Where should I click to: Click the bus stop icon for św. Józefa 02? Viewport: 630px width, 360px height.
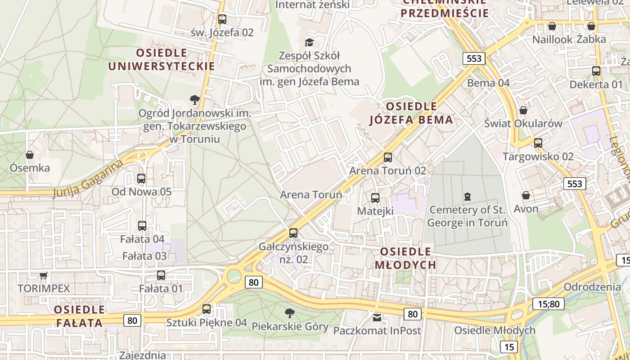pos(222,19)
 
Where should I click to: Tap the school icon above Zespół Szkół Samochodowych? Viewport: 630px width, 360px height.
pos(309,43)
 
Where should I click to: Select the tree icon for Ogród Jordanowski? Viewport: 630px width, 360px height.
pos(194,99)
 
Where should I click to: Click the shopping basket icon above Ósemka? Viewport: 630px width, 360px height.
pos(30,155)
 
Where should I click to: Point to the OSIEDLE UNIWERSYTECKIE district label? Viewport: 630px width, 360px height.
pos(162,59)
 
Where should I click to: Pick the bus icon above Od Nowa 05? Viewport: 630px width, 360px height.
pos(141,179)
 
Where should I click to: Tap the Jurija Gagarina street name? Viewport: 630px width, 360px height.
pos(88,179)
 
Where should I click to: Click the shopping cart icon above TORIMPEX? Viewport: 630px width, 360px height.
pos(43,275)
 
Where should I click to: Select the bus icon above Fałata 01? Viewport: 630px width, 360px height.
pos(161,275)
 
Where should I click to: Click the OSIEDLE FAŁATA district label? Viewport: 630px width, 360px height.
pos(79,316)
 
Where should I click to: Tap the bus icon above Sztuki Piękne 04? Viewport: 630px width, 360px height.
pos(207,309)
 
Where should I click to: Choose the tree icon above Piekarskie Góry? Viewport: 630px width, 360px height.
pos(290,313)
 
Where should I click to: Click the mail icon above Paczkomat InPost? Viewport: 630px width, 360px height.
pos(377,318)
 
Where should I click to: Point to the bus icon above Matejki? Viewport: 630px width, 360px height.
pos(375,198)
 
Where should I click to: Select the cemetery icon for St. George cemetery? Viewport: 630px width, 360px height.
pos(468,197)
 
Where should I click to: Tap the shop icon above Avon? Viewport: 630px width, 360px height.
pos(526,195)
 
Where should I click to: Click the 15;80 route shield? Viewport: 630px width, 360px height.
pos(549,304)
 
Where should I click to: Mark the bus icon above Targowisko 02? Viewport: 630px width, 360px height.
pos(538,144)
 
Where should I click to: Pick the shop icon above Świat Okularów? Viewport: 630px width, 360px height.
pos(523,110)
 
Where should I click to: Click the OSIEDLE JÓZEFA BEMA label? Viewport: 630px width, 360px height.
pos(411,113)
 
